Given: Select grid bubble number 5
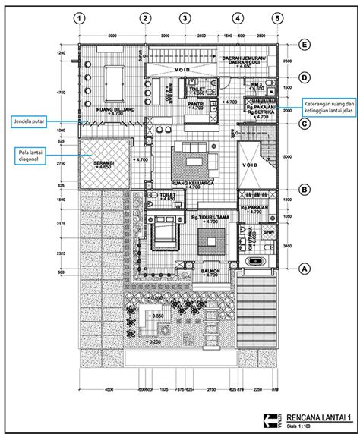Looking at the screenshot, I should (x=278, y=18).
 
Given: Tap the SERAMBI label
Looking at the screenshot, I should (x=103, y=161).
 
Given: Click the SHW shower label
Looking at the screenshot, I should (x=267, y=233).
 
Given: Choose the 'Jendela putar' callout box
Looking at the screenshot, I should (x=33, y=120).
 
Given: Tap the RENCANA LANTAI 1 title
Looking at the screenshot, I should (x=308, y=416).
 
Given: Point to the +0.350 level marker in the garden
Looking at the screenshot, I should (x=156, y=316).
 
